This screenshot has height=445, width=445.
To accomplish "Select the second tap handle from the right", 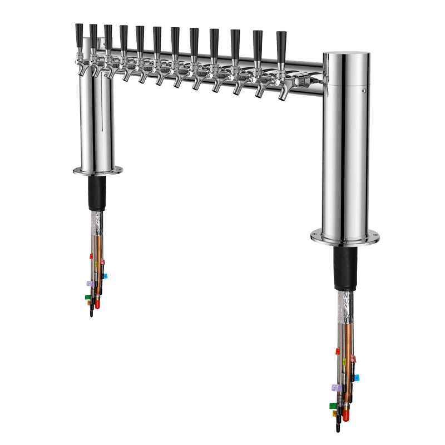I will click(x=258, y=42).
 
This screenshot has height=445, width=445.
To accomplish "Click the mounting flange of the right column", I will click(x=345, y=236).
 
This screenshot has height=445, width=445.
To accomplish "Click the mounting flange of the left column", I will click(x=97, y=170).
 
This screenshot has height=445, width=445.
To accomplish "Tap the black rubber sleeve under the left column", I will click(x=97, y=195).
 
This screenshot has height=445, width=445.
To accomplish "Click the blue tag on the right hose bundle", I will click(x=356, y=378).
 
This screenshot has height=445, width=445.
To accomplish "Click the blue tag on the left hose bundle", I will click(x=106, y=275).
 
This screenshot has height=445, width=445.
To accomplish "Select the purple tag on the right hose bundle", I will click(x=335, y=387).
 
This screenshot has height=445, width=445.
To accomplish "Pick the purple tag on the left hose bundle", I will click(x=89, y=282).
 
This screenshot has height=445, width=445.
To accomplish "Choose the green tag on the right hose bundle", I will click(x=333, y=406).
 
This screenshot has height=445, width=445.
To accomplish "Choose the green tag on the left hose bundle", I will click(x=87, y=297).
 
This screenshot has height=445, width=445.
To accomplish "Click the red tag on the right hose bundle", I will click(x=338, y=351).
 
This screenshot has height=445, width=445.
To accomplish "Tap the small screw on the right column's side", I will click(x=364, y=88).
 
